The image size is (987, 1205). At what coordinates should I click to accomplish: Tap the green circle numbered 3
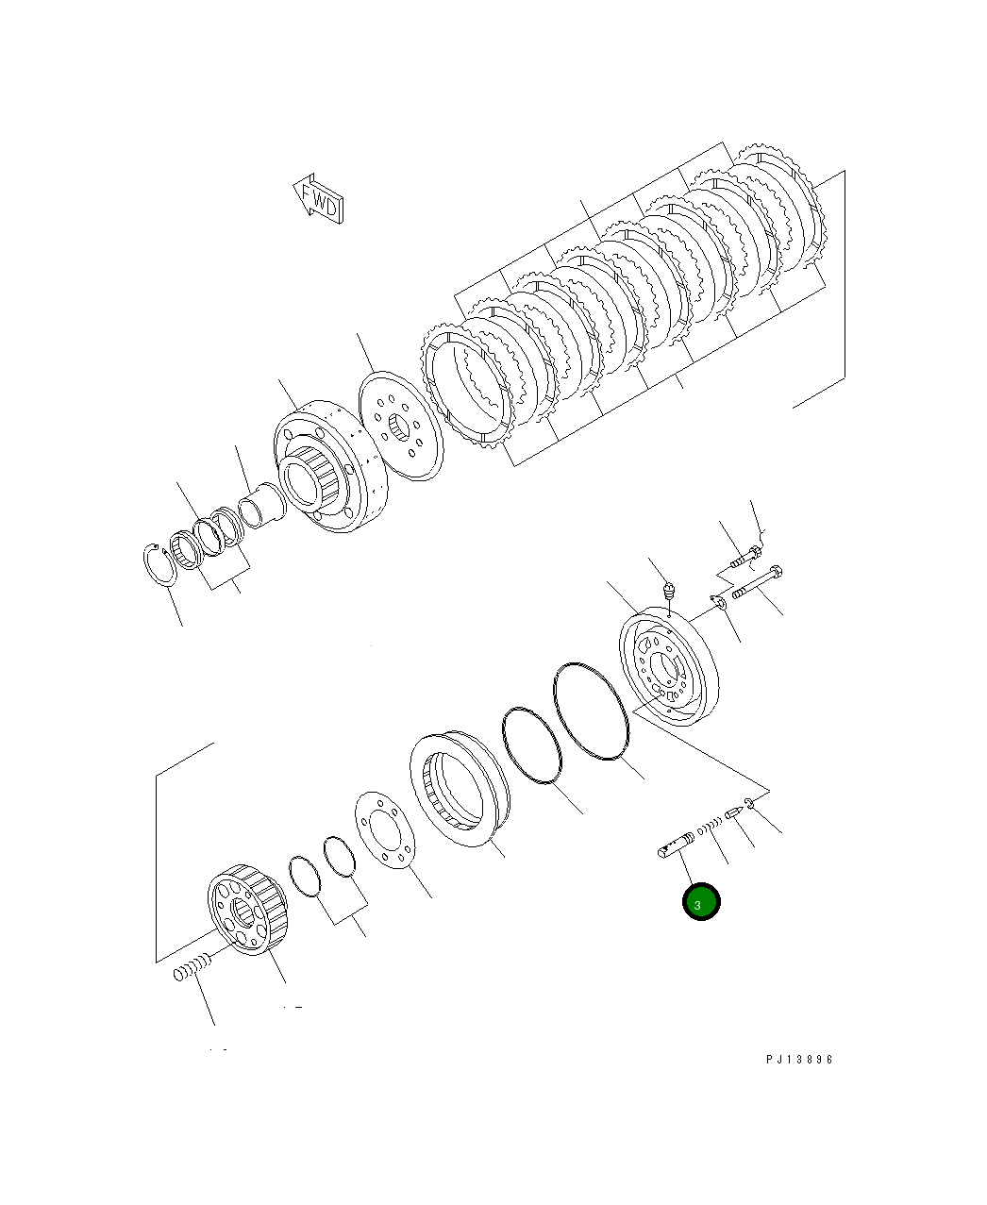[701, 903]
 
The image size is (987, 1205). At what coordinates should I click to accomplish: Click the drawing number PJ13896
[799, 1060]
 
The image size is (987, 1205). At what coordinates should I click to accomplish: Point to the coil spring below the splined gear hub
[191, 969]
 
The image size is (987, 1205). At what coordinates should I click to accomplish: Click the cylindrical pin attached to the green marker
[676, 845]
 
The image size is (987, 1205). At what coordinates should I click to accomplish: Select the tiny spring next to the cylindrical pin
[710, 827]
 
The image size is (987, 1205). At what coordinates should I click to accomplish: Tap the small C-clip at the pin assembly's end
[749, 803]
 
